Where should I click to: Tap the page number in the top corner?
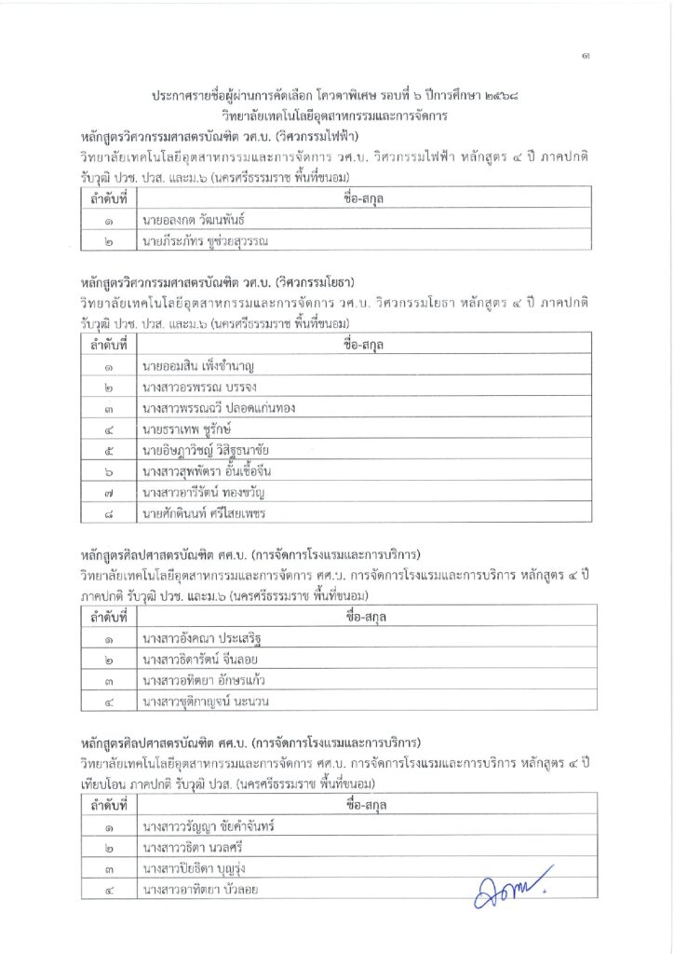[x=585, y=57]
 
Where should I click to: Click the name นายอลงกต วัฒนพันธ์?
[x=199, y=221]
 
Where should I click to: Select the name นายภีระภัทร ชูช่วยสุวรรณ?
[x=206, y=242]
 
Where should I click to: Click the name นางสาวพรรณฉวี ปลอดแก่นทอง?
[x=217, y=409]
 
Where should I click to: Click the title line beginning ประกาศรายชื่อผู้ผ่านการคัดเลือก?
[x=335, y=97]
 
